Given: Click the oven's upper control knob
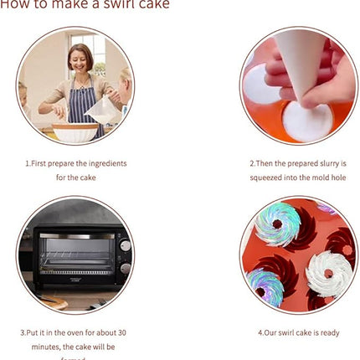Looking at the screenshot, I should [x=125, y=246].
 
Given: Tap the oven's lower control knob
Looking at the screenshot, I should [x=125, y=268].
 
